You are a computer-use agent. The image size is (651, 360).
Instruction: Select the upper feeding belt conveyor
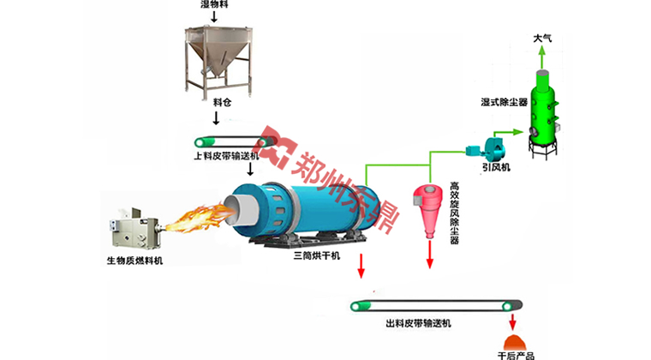(x=228, y=141)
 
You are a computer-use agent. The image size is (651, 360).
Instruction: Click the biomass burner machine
(x=134, y=230)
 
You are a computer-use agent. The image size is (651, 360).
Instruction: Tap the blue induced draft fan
(x=482, y=147)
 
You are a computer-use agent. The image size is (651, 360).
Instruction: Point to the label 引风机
(x=495, y=168)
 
